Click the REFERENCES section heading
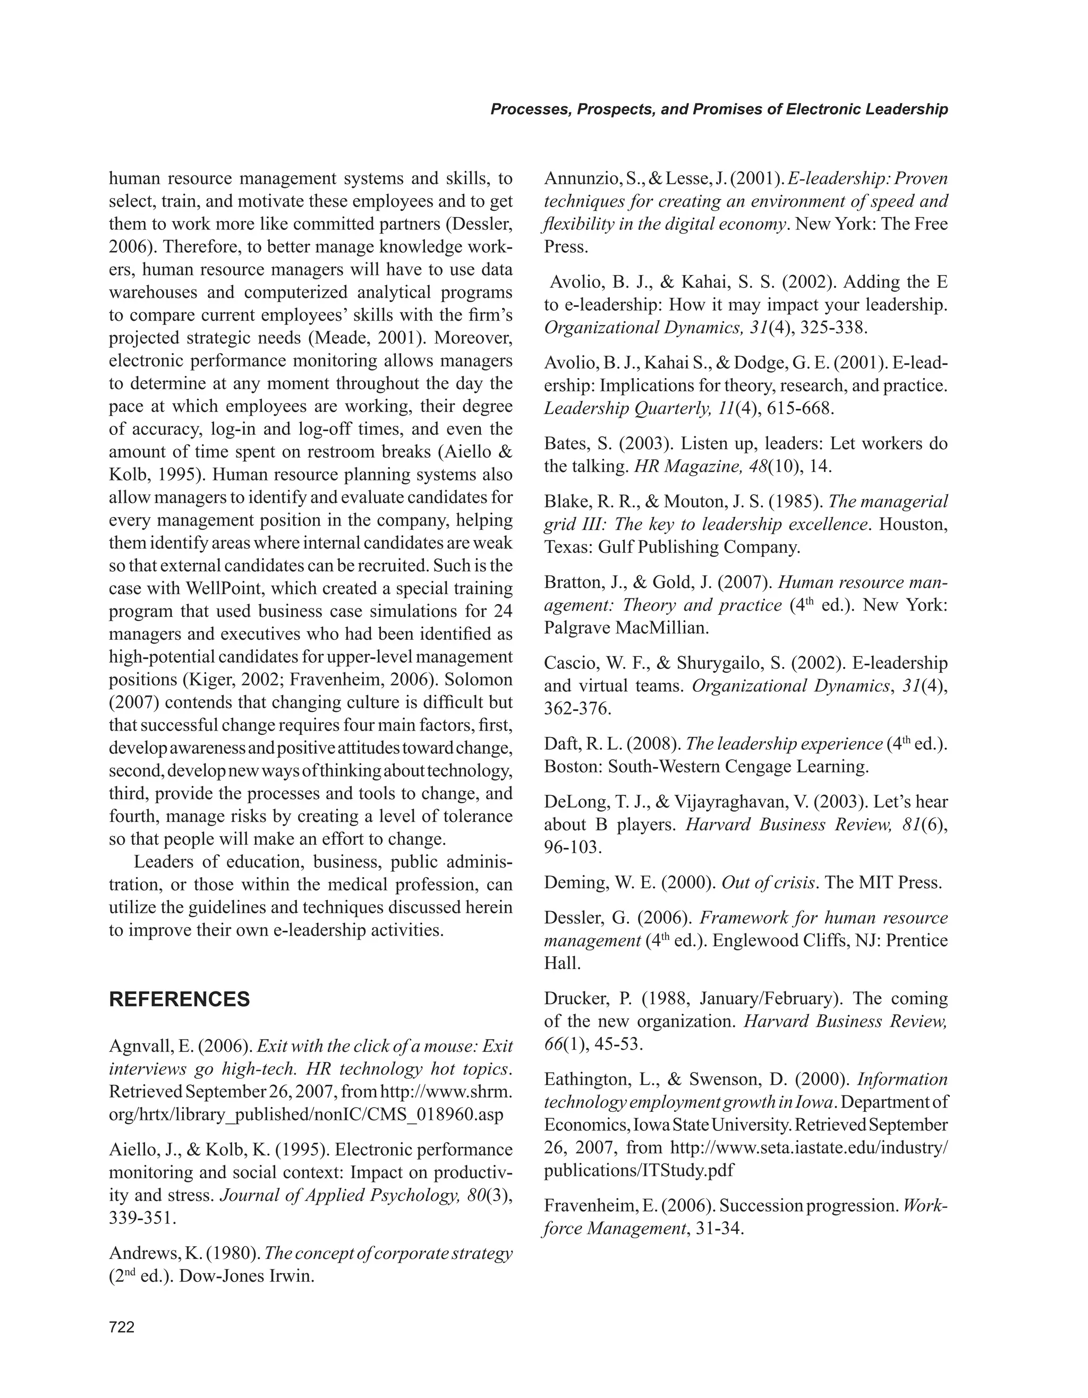180,999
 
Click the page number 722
122,1327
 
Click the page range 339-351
142,1217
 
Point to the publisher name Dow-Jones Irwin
246,1276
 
